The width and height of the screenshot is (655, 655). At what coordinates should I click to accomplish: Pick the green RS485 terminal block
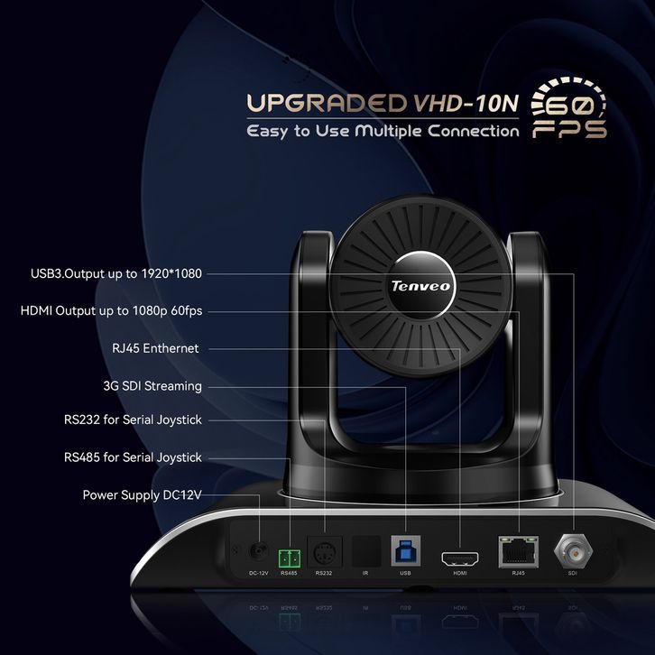pos(289,554)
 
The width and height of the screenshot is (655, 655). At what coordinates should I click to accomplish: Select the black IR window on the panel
pos(364,550)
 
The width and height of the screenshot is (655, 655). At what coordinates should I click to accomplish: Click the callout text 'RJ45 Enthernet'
pos(152,348)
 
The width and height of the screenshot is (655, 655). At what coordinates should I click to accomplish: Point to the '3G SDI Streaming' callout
pos(152,386)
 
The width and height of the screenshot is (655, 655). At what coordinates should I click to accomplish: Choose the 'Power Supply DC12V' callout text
pos(143,494)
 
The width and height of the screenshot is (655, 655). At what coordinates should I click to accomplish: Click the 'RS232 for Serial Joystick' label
pos(133,420)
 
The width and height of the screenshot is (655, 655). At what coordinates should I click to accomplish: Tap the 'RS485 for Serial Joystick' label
pos(133,457)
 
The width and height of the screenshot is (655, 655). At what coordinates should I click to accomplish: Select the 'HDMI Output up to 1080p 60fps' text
pos(111,311)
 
